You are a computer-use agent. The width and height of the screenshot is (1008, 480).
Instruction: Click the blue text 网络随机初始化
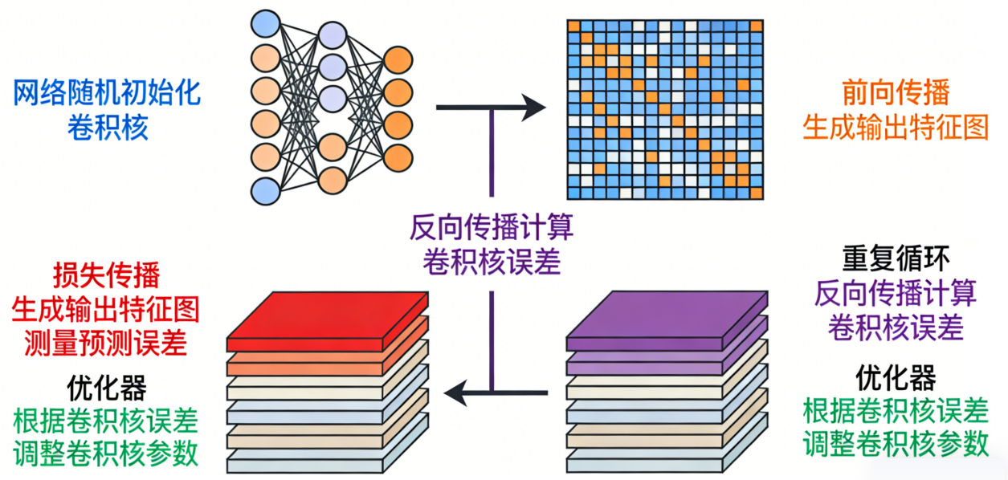click(x=107, y=95)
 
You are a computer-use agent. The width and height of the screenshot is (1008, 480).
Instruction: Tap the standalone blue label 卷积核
click(x=108, y=128)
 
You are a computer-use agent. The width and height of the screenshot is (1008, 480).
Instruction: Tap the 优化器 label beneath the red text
click(x=107, y=388)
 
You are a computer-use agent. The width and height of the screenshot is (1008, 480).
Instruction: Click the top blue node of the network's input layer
click(x=266, y=22)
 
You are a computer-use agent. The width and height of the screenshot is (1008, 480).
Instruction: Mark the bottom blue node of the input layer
click(x=266, y=191)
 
